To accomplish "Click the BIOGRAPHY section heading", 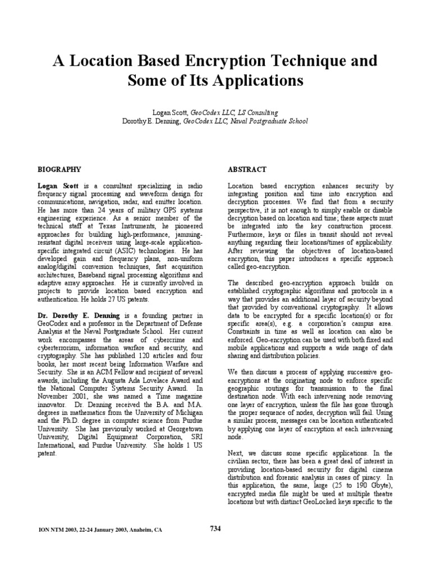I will [x=59, y=169].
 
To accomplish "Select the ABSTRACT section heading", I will [x=247, y=169].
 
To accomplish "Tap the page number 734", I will [x=215, y=528].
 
